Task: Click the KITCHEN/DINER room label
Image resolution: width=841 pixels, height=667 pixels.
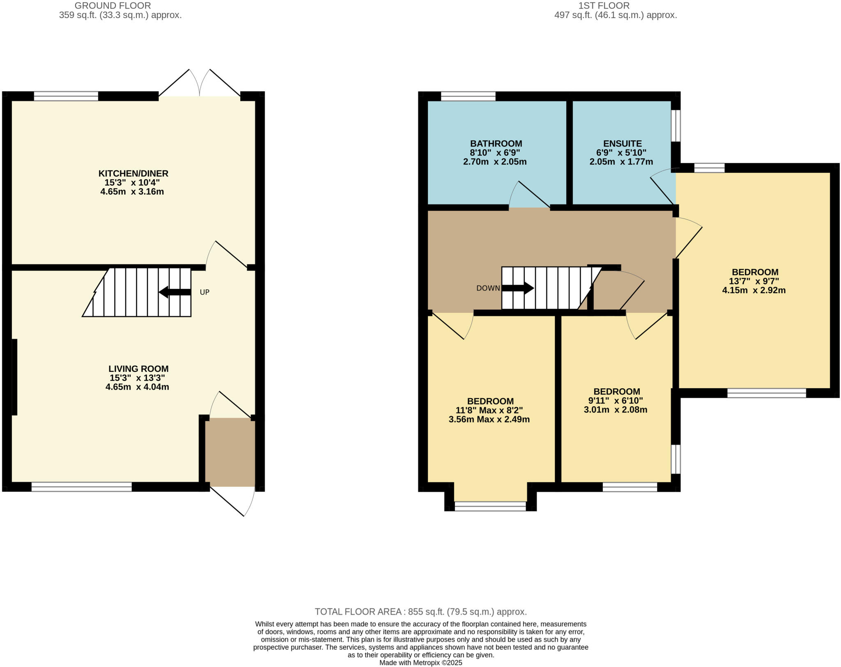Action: pos(133,173)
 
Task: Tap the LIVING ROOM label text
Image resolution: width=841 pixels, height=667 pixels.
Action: pos(138,369)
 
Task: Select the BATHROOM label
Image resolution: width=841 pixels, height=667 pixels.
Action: pos(496,144)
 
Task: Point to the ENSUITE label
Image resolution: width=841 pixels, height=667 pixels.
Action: pos(622,144)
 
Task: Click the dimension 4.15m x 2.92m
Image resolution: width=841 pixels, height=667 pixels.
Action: pos(754,290)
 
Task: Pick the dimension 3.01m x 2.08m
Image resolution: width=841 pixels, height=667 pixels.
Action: pos(615,409)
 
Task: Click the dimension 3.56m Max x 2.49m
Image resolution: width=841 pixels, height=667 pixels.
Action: pos(489,419)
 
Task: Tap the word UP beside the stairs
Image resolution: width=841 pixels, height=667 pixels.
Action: pos(205,292)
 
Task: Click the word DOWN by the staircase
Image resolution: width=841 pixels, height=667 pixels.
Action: pos(488,288)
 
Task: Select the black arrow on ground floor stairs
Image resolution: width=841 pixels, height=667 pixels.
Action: pos(175,292)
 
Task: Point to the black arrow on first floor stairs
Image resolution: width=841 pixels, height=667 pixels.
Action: pos(518,288)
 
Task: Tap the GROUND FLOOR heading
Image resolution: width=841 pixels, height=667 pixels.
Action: pos(113,6)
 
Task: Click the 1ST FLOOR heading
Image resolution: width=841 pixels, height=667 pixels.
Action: pos(604,6)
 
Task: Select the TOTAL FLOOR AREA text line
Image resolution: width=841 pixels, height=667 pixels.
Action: pos(420,612)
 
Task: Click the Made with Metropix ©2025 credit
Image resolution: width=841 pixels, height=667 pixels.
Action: pos(420,662)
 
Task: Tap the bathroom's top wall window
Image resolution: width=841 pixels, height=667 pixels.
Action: pos(468,96)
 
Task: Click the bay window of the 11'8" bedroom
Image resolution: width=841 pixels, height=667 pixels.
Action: pos(490,507)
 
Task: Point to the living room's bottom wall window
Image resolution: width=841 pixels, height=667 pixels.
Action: pos(82,487)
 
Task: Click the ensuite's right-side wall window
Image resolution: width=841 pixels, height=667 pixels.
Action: pos(676,126)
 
